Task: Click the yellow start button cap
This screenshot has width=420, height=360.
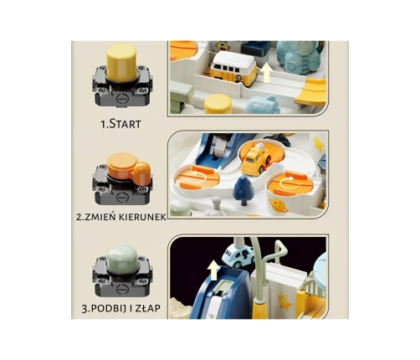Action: [121, 60]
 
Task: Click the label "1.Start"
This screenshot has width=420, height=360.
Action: [120, 124]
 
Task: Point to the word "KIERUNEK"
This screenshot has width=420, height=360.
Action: [143, 217]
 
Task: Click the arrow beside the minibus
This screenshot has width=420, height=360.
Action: [267, 72]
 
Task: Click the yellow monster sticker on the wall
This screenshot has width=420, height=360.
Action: [223, 46]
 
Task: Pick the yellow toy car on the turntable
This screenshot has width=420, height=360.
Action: [256, 158]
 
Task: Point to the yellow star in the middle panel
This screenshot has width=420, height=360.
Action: [319, 143]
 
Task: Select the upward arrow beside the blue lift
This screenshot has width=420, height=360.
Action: [214, 270]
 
